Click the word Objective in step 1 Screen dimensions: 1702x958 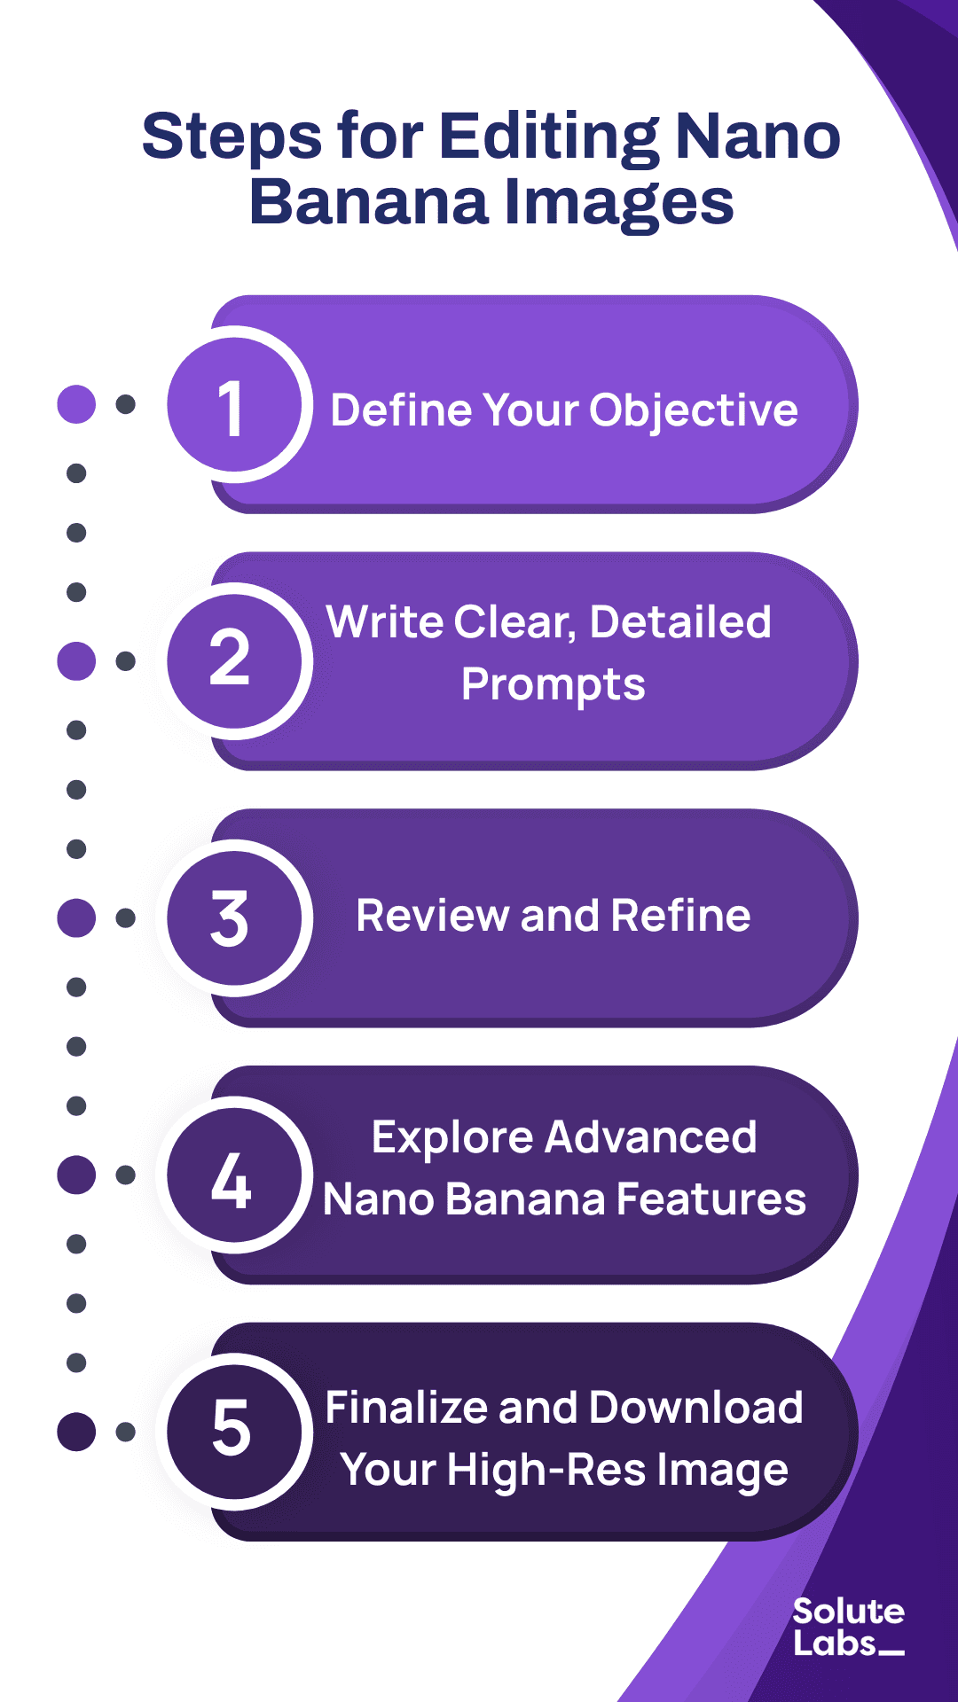(x=694, y=410)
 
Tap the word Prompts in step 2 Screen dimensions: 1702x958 (x=554, y=685)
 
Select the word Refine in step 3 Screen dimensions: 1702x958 (x=680, y=916)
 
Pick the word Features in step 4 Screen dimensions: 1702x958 (x=711, y=1199)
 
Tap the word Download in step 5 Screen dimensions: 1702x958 (x=695, y=1408)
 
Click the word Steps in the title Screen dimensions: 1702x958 (x=232, y=137)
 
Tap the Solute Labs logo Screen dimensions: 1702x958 (x=848, y=1628)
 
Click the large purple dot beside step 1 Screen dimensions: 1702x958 (x=76, y=404)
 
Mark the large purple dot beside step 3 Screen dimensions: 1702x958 (x=76, y=917)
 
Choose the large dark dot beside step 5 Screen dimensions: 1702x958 (x=76, y=1431)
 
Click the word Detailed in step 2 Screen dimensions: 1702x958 (x=680, y=622)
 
